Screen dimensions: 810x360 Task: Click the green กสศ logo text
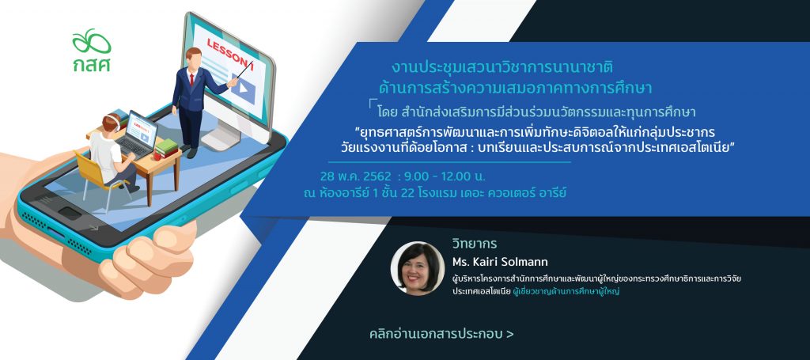(x=92, y=64)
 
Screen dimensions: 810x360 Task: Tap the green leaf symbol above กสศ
(x=92, y=41)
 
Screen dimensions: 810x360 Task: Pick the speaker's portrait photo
(x=418, y=268)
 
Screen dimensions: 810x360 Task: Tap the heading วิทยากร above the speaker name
(x=475, y=243)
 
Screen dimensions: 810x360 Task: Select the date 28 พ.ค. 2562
(x=355, y=176)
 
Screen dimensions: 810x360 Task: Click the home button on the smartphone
(x=70, y=213)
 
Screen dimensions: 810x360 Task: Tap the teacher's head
(x=193, y=56)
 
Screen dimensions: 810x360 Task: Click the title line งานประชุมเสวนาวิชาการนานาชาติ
(x=502, y=68)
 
